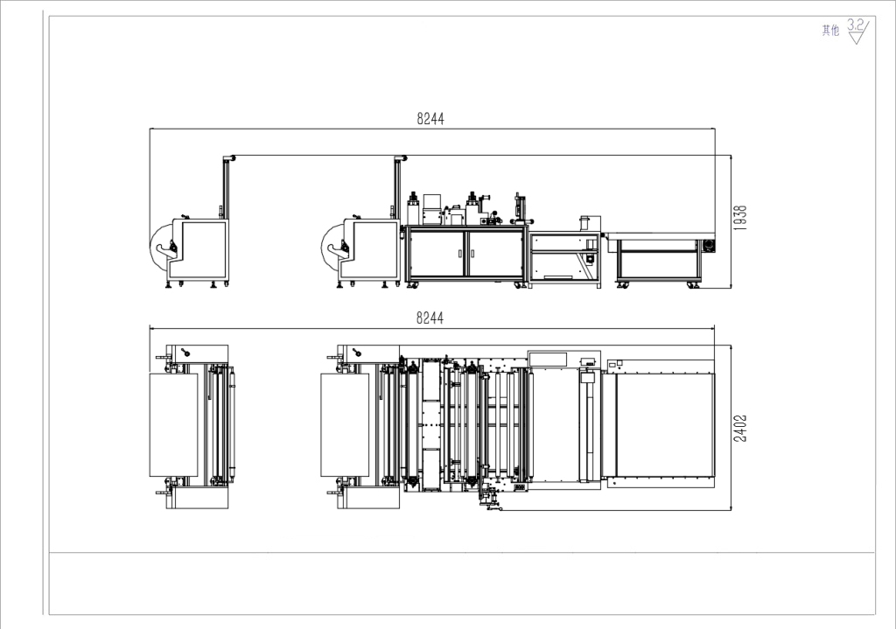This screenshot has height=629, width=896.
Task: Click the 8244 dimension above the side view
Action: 430,119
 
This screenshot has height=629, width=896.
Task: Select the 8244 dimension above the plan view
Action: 430,318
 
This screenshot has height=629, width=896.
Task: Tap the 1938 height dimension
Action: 740,218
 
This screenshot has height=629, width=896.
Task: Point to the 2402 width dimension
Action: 740,428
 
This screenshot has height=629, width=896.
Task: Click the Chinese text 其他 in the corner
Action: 830,31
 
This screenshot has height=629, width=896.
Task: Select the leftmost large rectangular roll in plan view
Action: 173,424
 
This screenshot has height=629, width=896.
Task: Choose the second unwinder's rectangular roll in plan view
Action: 345,424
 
